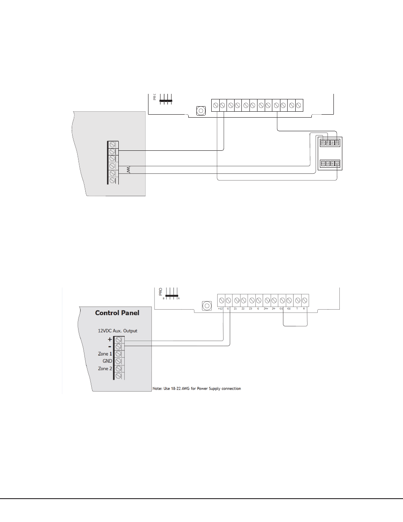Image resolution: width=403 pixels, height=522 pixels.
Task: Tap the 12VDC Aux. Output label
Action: [x=118, y=330]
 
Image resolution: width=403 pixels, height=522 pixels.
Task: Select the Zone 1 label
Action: [x=105, y=354]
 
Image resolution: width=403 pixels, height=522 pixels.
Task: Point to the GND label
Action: [x=107, y=361]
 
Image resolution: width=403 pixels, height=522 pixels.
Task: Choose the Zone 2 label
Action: [x=105, y=369]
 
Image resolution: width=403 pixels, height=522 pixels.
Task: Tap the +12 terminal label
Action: [x=221, y=309]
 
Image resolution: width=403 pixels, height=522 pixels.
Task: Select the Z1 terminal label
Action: [x=235, y=309]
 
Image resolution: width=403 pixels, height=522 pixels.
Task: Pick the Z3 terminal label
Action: [x=251, y=309]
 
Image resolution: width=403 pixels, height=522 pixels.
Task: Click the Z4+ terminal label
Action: [x=266, y=309]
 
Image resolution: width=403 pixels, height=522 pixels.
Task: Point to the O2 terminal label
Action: [x=289, y=309]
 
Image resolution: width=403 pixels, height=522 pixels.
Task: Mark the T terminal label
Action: [x=297, y=309]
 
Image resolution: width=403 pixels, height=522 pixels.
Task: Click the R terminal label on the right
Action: [x=304, y=309]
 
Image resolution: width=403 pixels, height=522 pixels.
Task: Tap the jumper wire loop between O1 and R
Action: [x=295, y=326]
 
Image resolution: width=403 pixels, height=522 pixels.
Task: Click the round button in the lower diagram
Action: [x=207, y=306]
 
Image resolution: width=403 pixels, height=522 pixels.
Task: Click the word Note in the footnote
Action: [x=157, y=389]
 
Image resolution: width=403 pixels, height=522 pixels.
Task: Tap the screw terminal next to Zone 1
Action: [x=118, y=354]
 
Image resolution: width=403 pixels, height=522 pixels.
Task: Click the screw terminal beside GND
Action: [x=118, y=361]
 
